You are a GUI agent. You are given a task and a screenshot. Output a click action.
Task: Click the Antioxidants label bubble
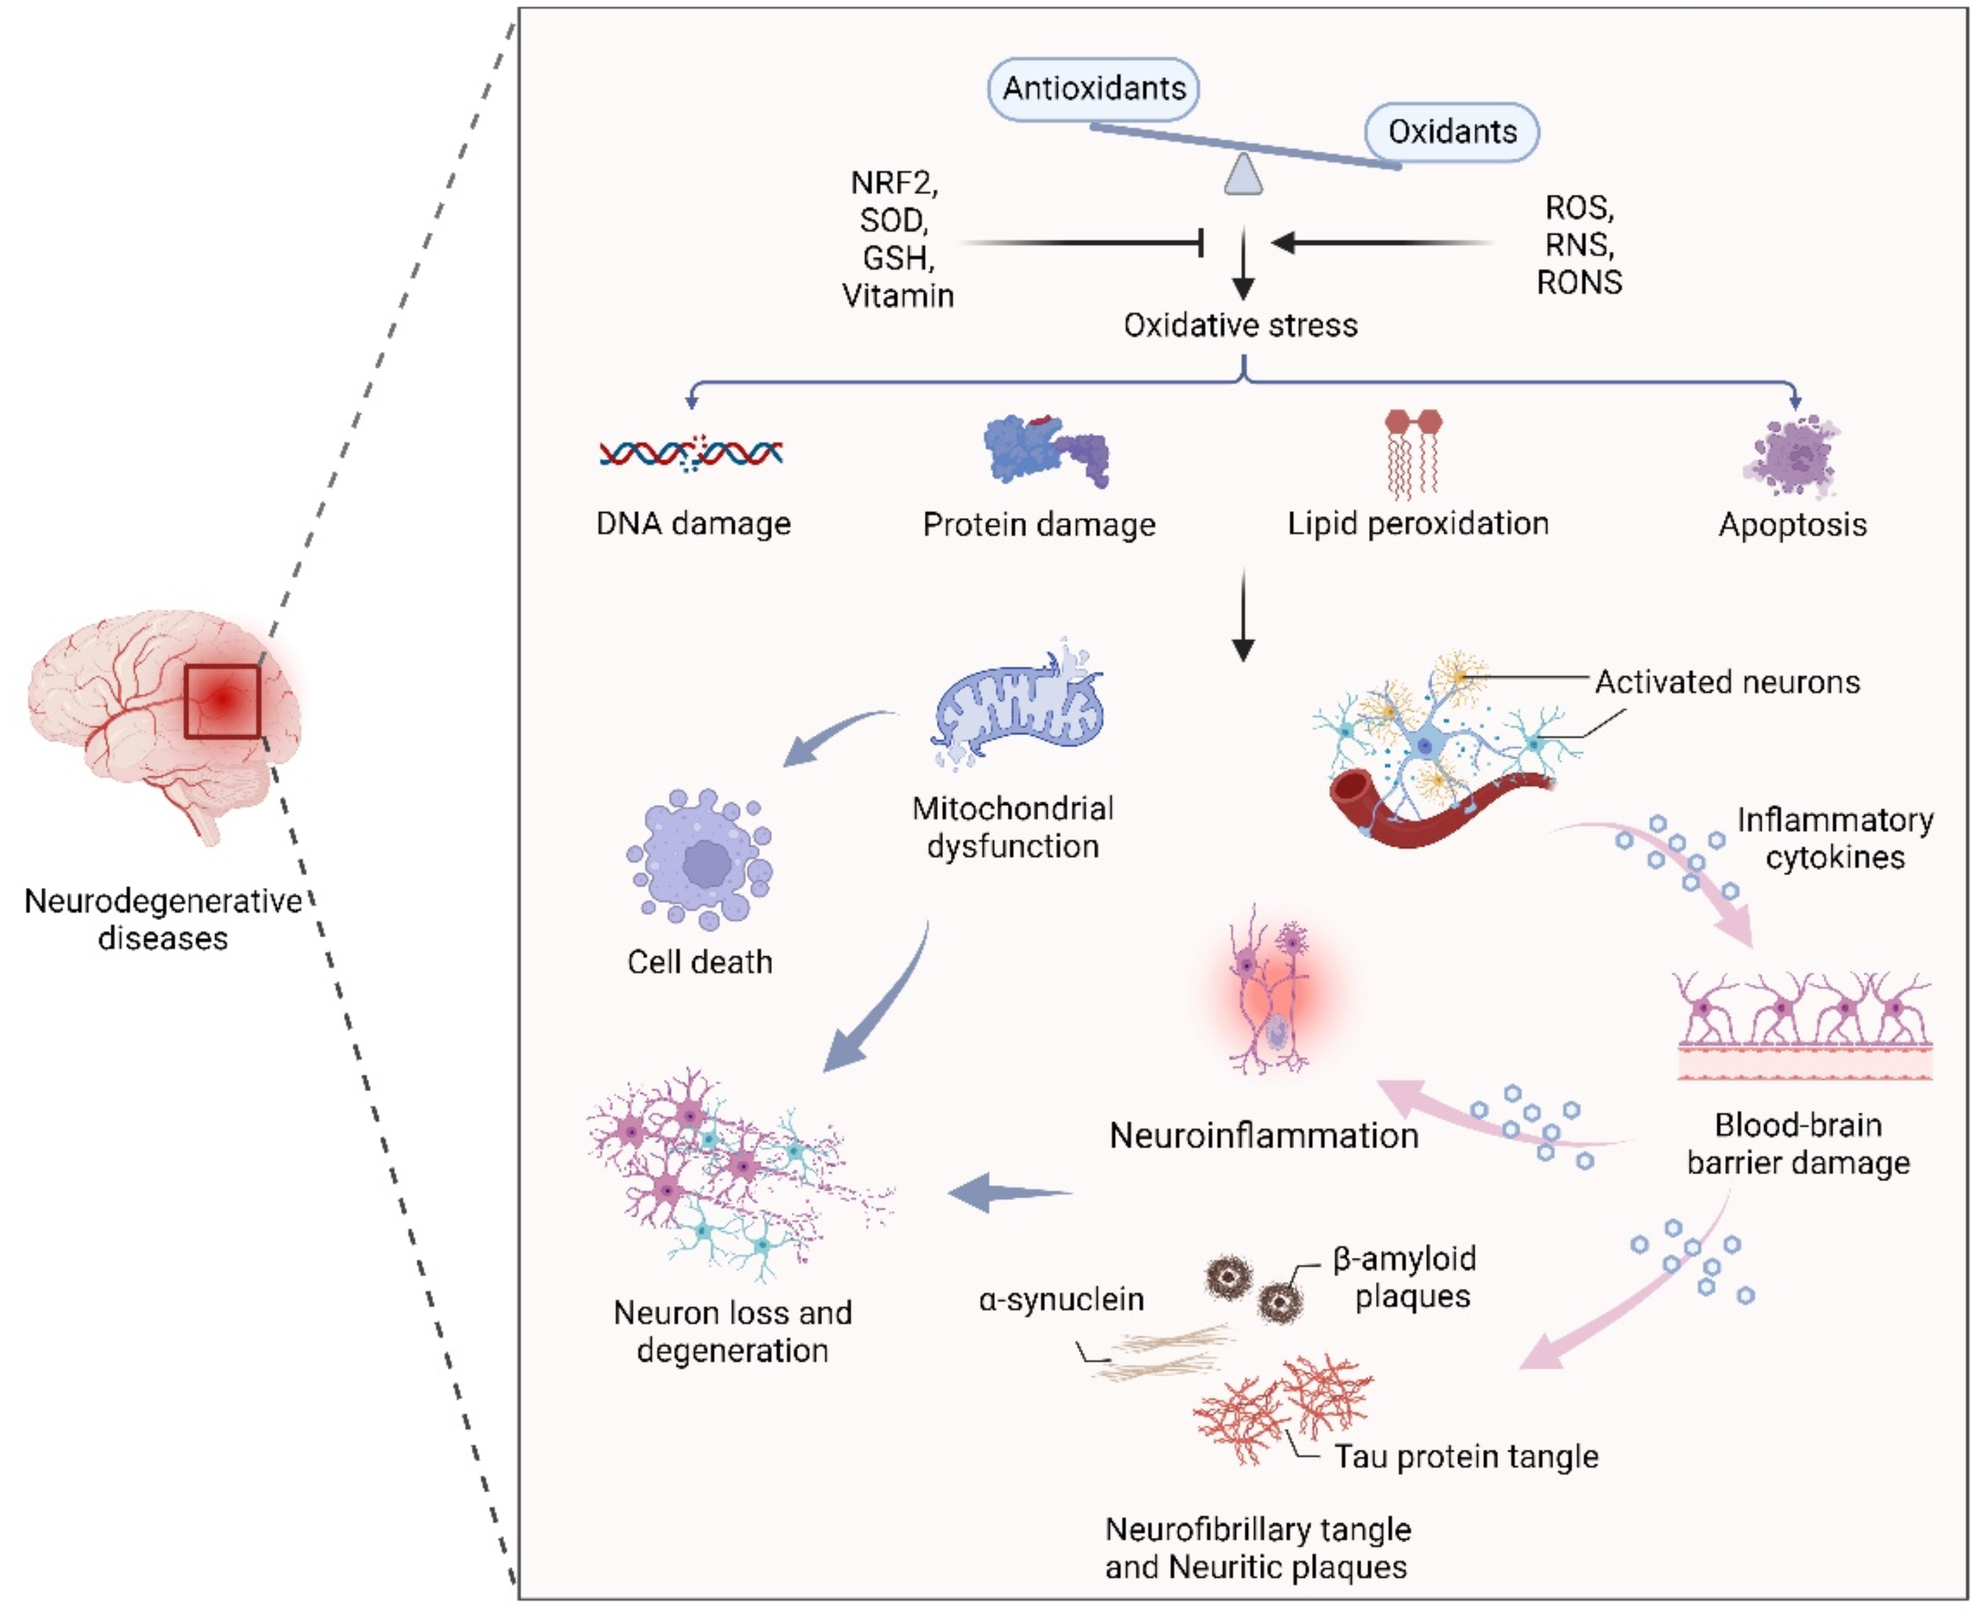1093,88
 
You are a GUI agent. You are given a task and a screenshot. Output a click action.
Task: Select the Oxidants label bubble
1451,132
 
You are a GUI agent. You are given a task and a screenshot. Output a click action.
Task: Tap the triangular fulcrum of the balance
1243,175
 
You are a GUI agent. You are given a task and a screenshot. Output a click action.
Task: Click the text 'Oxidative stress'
1240,325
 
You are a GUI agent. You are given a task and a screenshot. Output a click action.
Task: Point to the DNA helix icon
690,453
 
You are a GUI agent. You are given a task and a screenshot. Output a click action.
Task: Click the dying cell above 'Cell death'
702,859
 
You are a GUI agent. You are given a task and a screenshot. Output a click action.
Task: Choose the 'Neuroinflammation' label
1264,1135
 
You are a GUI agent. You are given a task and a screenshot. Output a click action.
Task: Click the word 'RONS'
1579,283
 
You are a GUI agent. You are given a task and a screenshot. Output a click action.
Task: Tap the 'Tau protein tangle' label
1466,1456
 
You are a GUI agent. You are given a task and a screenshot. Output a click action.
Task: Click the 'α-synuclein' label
1061,1299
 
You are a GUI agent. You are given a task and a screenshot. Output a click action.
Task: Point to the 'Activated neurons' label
1727,682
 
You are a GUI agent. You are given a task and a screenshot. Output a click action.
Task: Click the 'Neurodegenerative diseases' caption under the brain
163,919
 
